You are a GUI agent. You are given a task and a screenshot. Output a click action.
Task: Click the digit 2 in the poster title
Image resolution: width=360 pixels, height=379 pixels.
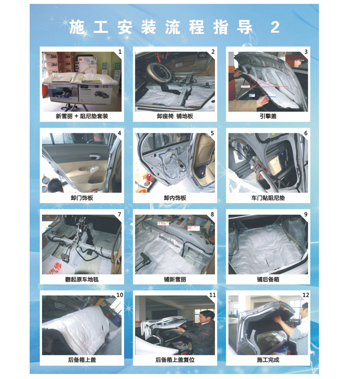(x=275, y=27)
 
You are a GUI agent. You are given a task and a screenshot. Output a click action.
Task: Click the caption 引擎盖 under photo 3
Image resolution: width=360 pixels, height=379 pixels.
(x=268, y=116)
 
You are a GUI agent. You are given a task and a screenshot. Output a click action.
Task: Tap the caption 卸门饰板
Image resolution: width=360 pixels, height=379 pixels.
(x=82, y=198)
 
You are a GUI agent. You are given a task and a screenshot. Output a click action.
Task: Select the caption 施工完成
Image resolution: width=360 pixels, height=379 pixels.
(x=268, y=360)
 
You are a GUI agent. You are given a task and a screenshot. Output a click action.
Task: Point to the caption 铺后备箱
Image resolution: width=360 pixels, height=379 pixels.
(x=268, y=279)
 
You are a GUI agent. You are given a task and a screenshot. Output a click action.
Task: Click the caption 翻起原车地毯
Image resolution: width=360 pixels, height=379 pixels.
(x=82, y=279)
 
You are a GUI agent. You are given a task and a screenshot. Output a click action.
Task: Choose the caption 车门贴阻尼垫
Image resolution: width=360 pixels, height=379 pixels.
(x=268, y=198)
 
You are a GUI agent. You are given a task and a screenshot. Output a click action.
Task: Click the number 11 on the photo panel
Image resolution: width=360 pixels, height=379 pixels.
(x=213, y=295)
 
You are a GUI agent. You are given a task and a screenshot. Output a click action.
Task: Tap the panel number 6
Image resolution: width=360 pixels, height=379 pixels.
(x=306, y=133)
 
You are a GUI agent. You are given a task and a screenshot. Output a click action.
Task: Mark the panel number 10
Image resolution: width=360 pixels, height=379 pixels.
(x=120, y=295)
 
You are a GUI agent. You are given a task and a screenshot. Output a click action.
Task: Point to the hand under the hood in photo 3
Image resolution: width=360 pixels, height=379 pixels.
(x=263, y=101)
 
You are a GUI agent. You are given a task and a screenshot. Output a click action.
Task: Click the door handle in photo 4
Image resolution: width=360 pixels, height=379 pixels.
(x=94, y=157)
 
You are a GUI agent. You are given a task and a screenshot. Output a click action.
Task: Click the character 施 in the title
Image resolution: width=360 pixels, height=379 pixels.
(x=77, y=27)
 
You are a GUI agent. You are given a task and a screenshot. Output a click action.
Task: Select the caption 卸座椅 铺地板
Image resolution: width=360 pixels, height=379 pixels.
(x=175, y=116)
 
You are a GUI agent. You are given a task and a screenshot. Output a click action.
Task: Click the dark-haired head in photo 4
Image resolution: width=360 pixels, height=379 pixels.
(x=55, y=185)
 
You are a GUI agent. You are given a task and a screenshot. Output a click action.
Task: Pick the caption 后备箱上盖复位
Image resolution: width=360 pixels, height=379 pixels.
(x=175, y=360)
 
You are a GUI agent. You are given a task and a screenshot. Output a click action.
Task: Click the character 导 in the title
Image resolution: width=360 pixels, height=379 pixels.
(x=245, y=27)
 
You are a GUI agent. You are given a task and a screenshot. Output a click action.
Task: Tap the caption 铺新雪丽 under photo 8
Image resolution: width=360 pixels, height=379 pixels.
(x=175, y=279)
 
